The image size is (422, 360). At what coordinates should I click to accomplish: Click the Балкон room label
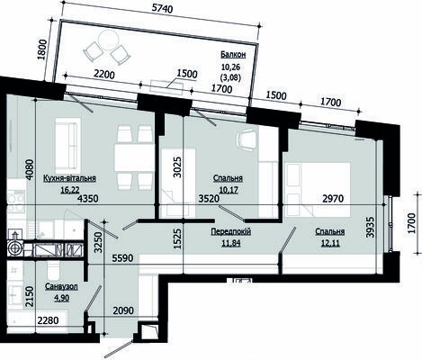coord(233,55)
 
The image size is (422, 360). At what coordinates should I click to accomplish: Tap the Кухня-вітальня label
coord(69,178)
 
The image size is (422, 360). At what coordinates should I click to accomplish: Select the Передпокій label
coord(231,231)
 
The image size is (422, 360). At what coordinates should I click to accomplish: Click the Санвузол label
coord(61,287)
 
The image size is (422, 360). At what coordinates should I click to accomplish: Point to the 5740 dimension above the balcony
coord(162,8)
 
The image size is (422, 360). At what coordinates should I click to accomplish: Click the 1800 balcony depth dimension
coord(43,49)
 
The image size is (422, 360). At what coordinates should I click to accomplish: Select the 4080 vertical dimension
coord(31,169)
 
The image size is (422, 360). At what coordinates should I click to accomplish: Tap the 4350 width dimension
coord(87,198)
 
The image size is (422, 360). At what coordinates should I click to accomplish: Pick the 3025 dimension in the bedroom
coord(177,167)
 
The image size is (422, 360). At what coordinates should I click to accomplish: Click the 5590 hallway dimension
coord(122,258)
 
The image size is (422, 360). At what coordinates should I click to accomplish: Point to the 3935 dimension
coord(371,227)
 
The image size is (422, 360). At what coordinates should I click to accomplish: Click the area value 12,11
coord(330,243)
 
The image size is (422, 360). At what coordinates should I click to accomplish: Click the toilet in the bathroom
coord(53,271)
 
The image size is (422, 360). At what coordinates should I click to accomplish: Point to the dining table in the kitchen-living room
coord(134,157)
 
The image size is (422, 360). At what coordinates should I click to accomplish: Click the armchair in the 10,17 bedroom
coord(247,139)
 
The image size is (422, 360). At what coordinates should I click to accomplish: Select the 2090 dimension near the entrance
coord(123,310)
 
